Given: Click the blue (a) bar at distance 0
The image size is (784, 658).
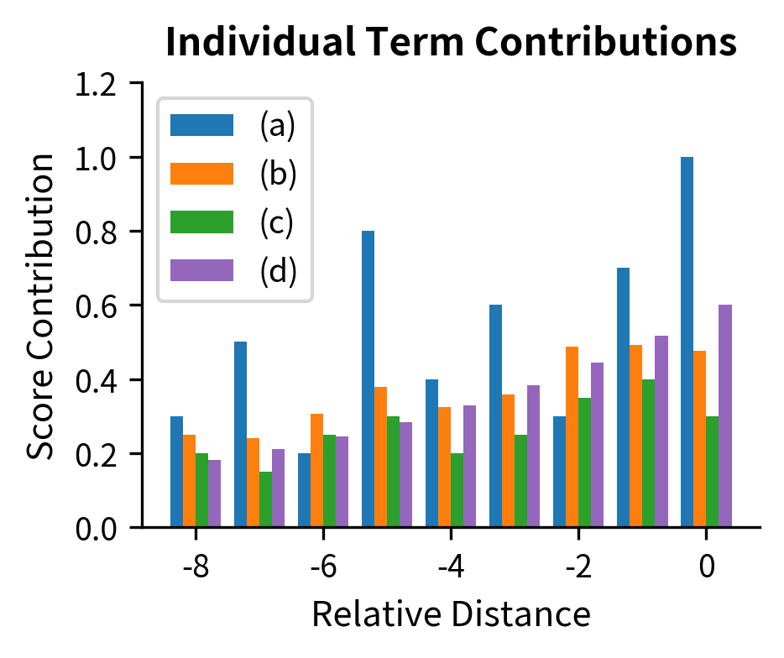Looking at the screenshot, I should point(687,342).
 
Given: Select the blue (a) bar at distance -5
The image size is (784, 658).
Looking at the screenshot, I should point(368,379).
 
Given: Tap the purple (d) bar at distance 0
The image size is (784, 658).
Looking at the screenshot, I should point(725,416).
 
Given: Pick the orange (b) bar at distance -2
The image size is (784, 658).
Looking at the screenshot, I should point(572,436).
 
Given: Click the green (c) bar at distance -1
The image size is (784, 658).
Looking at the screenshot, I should point(648,453).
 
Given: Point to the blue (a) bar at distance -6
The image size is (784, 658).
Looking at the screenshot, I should point(304,490).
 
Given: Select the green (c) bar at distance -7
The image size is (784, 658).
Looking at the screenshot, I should point(265,499).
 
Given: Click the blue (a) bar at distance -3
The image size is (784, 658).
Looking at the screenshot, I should point(495,416).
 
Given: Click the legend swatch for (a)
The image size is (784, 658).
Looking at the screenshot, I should point(201,125).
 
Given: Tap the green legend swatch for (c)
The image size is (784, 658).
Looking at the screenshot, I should point(201,222).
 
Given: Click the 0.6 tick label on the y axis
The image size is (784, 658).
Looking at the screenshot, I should point(98,305).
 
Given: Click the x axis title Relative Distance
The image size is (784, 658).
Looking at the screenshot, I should point(451,615).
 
